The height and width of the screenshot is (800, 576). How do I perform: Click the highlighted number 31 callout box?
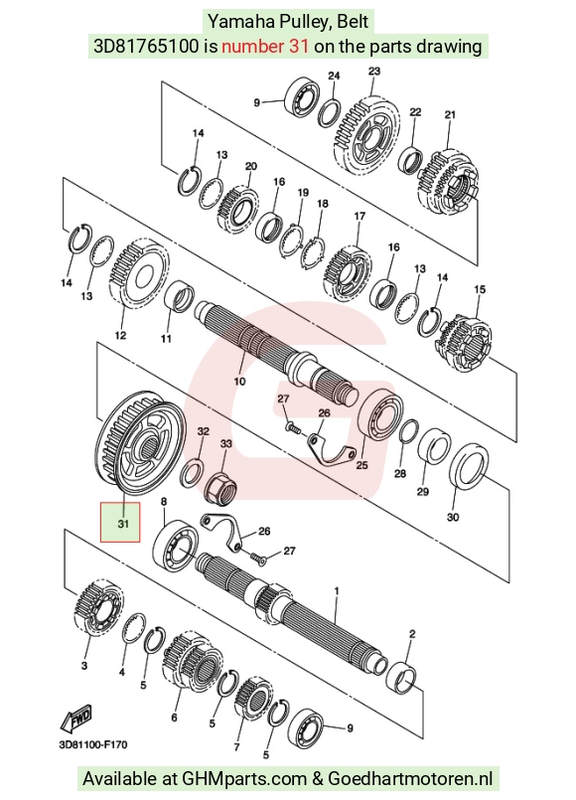(x=120, y=522)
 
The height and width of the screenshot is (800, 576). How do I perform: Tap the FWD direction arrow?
(x=76, y=719)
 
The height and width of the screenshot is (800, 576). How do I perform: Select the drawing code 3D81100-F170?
(x=93, y=745)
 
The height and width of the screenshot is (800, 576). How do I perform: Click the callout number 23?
(x=374, y=71)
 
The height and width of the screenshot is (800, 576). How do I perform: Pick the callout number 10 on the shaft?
(x=239, y=382)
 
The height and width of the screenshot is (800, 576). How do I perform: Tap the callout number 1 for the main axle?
(x=337, y=591)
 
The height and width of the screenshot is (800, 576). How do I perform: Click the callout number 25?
(x=361, y=465)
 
